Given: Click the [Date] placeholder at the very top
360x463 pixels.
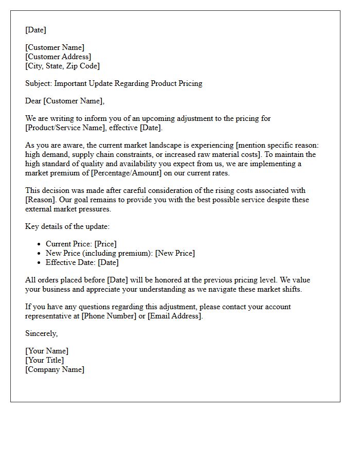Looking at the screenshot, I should coord(35,30).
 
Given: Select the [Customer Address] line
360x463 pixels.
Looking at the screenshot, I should coord(58,57).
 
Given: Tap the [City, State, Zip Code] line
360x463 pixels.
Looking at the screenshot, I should coord(63,66).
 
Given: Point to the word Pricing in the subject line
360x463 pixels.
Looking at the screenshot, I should coord(189,83).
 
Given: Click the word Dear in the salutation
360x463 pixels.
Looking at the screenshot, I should coord(33,101).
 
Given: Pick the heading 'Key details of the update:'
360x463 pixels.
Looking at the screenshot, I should coord(67,226).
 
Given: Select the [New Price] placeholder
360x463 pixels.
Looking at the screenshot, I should coord(175,253).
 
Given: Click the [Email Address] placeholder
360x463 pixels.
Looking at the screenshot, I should coord(175,316).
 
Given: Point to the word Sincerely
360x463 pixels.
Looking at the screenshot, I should coord(41,333).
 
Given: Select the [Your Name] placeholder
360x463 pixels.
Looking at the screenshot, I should coord(47,351).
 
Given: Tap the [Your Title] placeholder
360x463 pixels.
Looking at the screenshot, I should coord(45,360).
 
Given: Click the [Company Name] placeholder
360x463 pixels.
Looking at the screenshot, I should coord(55,369).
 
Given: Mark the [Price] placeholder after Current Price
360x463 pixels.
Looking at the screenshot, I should coord(105,244).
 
